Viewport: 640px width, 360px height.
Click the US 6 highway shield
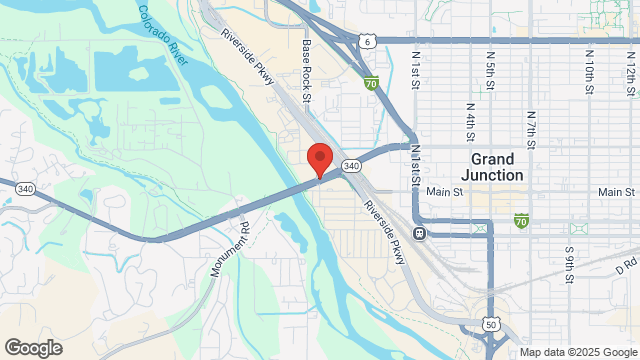tap(369, 41)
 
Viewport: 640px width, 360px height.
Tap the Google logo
tap(32, 347)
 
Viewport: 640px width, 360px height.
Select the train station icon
tap(421, 234)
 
